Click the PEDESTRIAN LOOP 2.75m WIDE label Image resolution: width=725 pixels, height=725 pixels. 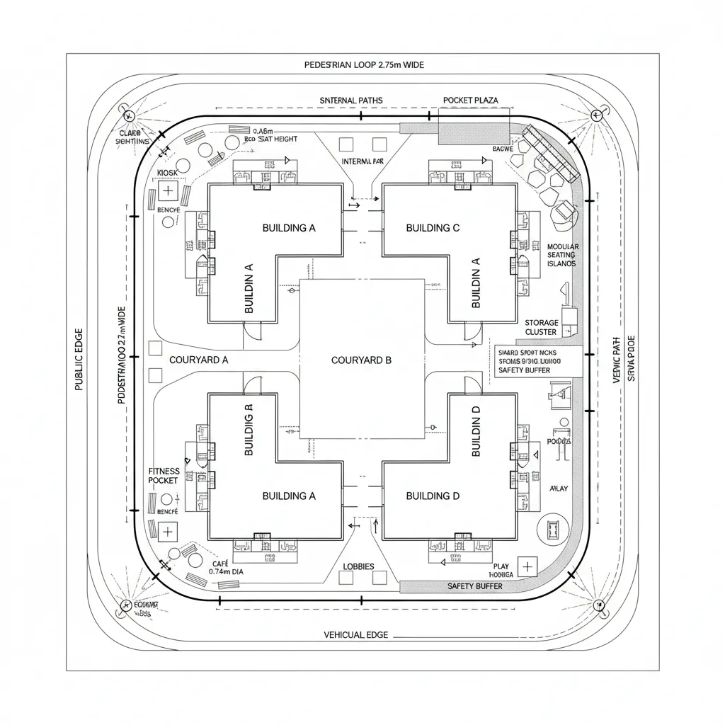(x=364, y=64)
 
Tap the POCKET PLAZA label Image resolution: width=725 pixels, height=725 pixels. (x=470, y=101)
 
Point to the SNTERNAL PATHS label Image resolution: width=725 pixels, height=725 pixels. (x=350, y=101)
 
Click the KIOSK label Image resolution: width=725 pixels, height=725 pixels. (x=167, y=173)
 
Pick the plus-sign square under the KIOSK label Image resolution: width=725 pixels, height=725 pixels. (x=168, y=190)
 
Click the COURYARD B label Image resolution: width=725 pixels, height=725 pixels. (x=361, y=360)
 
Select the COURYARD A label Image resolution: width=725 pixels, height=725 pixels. (x=198, y=360)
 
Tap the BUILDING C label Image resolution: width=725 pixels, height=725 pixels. (x=433, y=228)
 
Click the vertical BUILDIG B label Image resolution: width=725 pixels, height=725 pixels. (x=249, y=430)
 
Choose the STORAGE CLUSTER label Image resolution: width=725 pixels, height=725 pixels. (x=542, y=327)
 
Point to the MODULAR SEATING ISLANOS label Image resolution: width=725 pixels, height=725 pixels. (x=562, y=255)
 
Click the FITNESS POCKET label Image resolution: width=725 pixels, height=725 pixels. (x=164, y=476)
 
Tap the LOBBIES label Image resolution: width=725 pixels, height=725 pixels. (x=358, y=566)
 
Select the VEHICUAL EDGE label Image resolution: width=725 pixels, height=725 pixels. (x=355, y=635)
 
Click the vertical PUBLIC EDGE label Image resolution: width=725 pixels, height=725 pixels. (x=79, y=360)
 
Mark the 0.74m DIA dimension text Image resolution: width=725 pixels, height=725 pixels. (x=226, y=571)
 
